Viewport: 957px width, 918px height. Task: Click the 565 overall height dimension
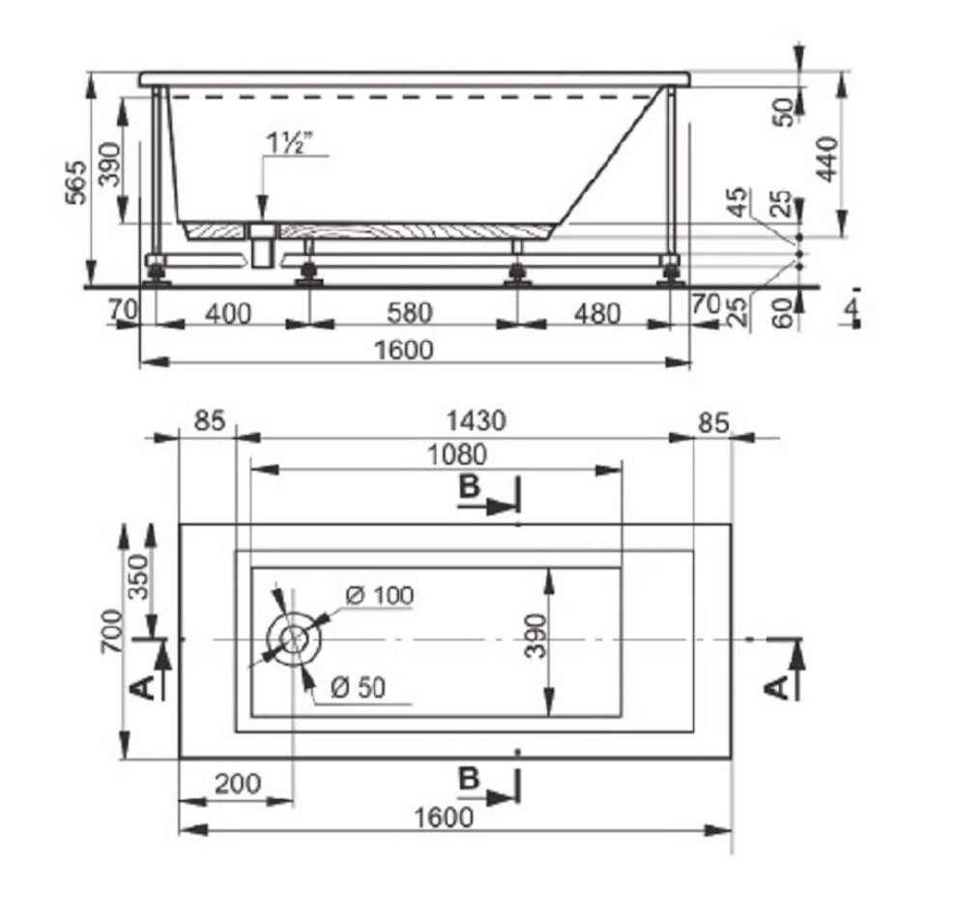[x=77, y=182]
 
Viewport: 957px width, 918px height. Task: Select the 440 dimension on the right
[x=827, y=159]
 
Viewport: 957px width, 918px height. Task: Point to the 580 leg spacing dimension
[x=410, y=313]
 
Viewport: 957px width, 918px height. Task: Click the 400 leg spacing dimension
[x=228, y=314]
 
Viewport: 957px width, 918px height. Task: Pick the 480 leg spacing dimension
[x=597, y=313]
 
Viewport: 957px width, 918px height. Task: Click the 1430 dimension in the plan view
[x=476, y=421]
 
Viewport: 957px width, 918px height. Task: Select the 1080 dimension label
[x=457, y=454]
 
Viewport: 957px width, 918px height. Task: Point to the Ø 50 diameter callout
[x=359, y=687]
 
